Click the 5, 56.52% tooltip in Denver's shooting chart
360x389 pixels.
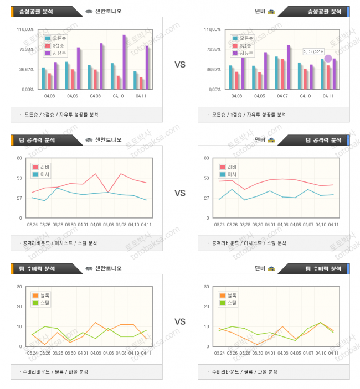[x=313, y=51]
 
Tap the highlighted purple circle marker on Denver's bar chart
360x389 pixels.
[x=328, y=59]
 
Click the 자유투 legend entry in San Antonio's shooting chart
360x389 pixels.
[x=59, y=53]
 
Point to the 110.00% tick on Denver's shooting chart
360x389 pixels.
[x=213, y=29]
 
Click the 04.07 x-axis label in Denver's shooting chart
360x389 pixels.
[x=281, y=96]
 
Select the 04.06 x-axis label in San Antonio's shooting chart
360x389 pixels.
[x=72, y=96]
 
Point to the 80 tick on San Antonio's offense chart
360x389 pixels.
[x=19, y=158]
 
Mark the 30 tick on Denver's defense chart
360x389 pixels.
[x=207, y=287]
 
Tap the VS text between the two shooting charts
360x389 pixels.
[x=180, y=65]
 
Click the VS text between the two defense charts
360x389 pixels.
[x=180, y=321]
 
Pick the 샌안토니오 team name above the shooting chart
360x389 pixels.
[x=108, y=11]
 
